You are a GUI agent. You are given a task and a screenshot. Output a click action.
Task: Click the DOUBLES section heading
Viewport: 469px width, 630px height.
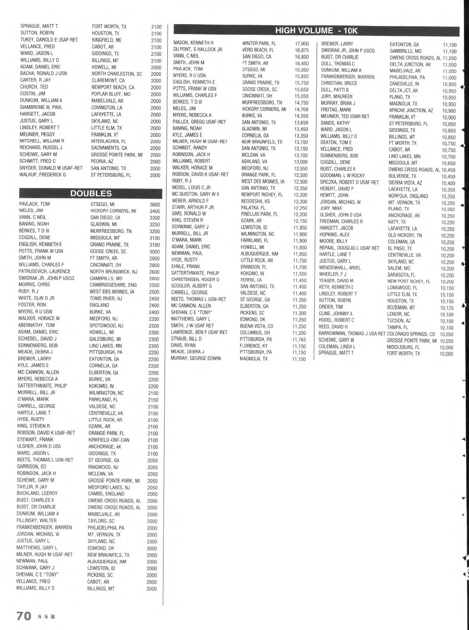[x=91, y=193]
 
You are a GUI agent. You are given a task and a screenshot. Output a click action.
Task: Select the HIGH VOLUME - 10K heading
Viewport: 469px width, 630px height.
[x=316, y=30]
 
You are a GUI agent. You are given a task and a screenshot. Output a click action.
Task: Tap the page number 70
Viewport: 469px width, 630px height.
[x=23, y=616]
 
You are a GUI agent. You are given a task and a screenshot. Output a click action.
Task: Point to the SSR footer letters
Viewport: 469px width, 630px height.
[x=47, y=617]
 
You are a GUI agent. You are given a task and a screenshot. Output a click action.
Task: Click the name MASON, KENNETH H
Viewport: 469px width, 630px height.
[x=193, y=43]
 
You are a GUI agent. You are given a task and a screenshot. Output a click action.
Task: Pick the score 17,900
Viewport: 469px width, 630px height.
[x=302, y=43]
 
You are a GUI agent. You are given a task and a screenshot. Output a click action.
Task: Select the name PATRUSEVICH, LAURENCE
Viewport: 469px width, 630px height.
[x=45, y=271]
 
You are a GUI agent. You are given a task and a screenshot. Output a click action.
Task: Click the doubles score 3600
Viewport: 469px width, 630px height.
[x=154, y=204]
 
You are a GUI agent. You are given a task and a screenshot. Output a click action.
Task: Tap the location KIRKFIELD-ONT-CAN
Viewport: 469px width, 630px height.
[x=109, y=440]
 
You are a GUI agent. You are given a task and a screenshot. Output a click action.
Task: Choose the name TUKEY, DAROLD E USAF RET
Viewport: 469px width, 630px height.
[x=49, y=40]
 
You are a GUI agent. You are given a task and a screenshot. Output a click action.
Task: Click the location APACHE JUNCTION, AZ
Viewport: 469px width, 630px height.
[x=411, y=110]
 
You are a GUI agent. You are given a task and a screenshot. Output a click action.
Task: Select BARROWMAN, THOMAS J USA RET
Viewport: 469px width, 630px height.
[x=352, y=334]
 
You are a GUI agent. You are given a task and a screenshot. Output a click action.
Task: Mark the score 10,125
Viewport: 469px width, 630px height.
[x=447, y=308]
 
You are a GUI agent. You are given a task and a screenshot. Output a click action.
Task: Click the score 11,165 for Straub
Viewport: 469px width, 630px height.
[x=299, y=340]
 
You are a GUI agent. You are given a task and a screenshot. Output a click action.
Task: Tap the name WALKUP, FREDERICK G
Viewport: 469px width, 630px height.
[x=43, y=174]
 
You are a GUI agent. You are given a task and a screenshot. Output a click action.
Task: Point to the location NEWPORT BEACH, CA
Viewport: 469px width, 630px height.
[x=113, y=87]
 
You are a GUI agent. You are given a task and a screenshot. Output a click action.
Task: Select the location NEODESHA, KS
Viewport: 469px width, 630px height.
[x=256, y=201]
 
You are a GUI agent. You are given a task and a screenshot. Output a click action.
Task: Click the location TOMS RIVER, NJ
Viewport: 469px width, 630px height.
[x=106, y=298]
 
